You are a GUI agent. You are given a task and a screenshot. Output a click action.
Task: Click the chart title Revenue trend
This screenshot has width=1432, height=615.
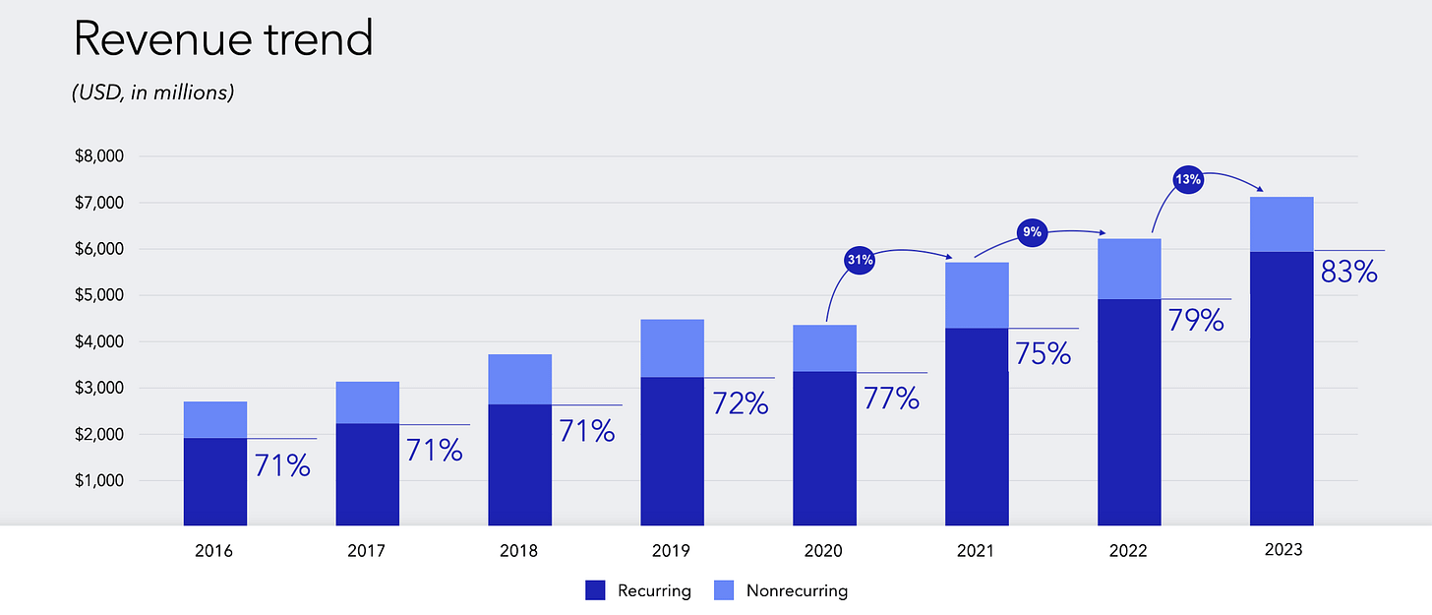(x=223, y=40)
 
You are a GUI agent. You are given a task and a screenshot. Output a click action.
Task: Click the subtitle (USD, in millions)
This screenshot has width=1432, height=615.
(x=152, y=94)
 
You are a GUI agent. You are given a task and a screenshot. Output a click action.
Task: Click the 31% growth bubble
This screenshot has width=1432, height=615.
(x=859, y=261)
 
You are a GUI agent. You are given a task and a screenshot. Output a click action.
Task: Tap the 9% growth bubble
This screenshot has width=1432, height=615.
(x=1033, y=233)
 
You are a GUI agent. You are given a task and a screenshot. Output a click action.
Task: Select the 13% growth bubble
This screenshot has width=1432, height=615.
(x=1187, y=180)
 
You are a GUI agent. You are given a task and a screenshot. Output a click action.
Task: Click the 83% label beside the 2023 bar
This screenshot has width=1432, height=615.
(x=1348, y=272)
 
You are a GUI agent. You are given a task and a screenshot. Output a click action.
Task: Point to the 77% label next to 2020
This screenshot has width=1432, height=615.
(x=891, y=399)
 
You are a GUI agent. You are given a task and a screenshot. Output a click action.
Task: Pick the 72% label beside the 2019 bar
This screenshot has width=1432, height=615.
(x=740, y=402)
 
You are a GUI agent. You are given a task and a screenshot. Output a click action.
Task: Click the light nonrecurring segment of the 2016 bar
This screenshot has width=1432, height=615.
(x=214, y=419)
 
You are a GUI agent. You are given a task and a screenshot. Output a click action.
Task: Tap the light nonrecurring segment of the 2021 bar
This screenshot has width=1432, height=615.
(x=977, y=295)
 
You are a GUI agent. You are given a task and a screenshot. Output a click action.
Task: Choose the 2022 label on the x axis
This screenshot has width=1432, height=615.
(x=1128, y=551)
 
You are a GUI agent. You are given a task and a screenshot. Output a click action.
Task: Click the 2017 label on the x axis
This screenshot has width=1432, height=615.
(x=366, y=551)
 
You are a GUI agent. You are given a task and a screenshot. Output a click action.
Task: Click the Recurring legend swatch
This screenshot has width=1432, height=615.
(x=596, y=590)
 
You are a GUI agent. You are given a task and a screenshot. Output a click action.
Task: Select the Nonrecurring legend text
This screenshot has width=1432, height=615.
(x=797, y=590)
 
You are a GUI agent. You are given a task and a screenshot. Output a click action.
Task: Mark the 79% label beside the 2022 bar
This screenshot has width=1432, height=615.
(x=1195, y=320)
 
